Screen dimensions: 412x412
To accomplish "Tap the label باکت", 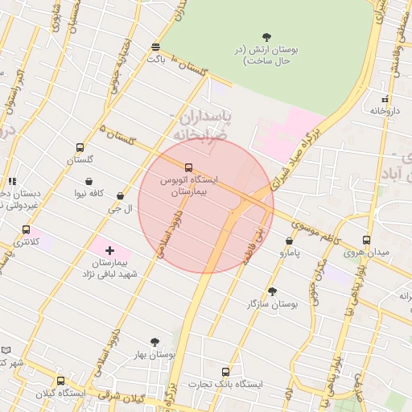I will pos(155,59).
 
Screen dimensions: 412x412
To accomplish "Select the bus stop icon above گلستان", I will pos(80,147).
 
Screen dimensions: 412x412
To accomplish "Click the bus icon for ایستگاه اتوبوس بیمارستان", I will pos(189,167).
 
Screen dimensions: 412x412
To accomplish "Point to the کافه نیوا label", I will pos(91,193).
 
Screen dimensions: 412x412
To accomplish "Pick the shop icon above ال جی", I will pos(120,196).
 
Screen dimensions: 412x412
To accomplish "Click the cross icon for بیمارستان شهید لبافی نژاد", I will pos(110,251).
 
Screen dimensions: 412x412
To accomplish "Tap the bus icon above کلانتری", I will pos(27,229).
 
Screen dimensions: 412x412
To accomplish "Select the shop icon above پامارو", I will pos(289,241).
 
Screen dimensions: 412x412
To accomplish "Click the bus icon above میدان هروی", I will pos(366,240).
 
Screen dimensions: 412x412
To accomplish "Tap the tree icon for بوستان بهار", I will pos(154,342).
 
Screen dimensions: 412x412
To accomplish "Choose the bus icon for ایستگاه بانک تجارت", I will pos(225,372).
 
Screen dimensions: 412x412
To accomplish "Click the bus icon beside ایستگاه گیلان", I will pos(60,381).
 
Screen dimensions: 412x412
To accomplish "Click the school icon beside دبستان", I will pos(12,182).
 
